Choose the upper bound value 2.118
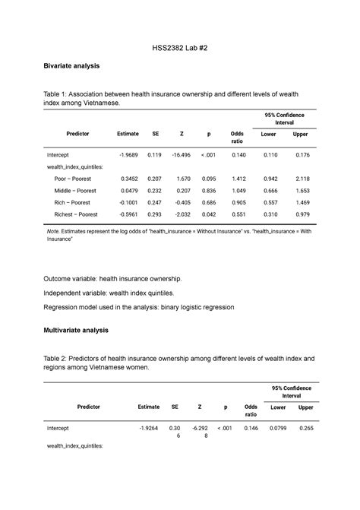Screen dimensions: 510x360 [302, 179]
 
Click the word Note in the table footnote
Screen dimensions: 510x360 [52, 230]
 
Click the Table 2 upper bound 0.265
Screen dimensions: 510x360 [306, 429]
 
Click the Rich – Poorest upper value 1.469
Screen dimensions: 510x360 [302, 203]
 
